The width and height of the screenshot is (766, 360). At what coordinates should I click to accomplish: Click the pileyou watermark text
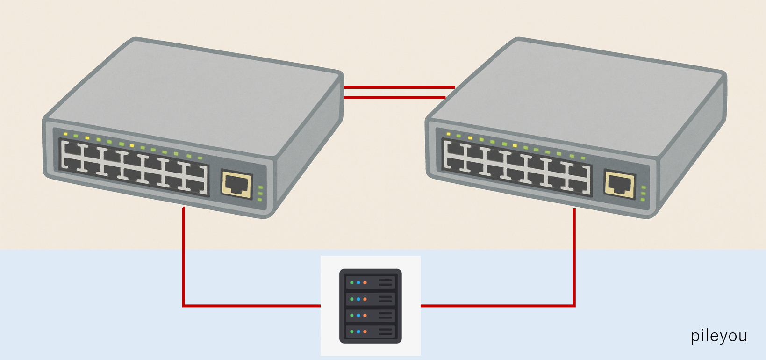coord(718,336)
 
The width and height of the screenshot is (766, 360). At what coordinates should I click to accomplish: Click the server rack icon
coord(370,306)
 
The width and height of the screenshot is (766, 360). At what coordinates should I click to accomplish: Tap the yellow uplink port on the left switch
coord(236,184)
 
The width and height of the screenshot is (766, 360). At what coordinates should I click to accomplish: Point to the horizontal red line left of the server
coord(252,306)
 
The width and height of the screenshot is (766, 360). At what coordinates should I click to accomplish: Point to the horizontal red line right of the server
coord(495,306)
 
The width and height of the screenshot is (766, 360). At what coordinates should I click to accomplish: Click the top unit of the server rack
coord(370,282)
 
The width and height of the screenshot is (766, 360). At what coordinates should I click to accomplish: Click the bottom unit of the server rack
coord(370,331)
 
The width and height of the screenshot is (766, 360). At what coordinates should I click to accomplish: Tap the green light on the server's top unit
coord(352,283)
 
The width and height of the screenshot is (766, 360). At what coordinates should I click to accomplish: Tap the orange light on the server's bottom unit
coord(365,332)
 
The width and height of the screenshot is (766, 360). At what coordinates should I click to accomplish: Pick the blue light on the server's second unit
coord(358,299)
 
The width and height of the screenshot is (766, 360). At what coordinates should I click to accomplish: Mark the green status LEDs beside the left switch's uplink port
coord(260,193)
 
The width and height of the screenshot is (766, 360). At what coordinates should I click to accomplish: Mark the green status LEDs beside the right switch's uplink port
coord(644,193)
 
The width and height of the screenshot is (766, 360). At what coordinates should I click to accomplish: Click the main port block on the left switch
coord(133,166)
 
